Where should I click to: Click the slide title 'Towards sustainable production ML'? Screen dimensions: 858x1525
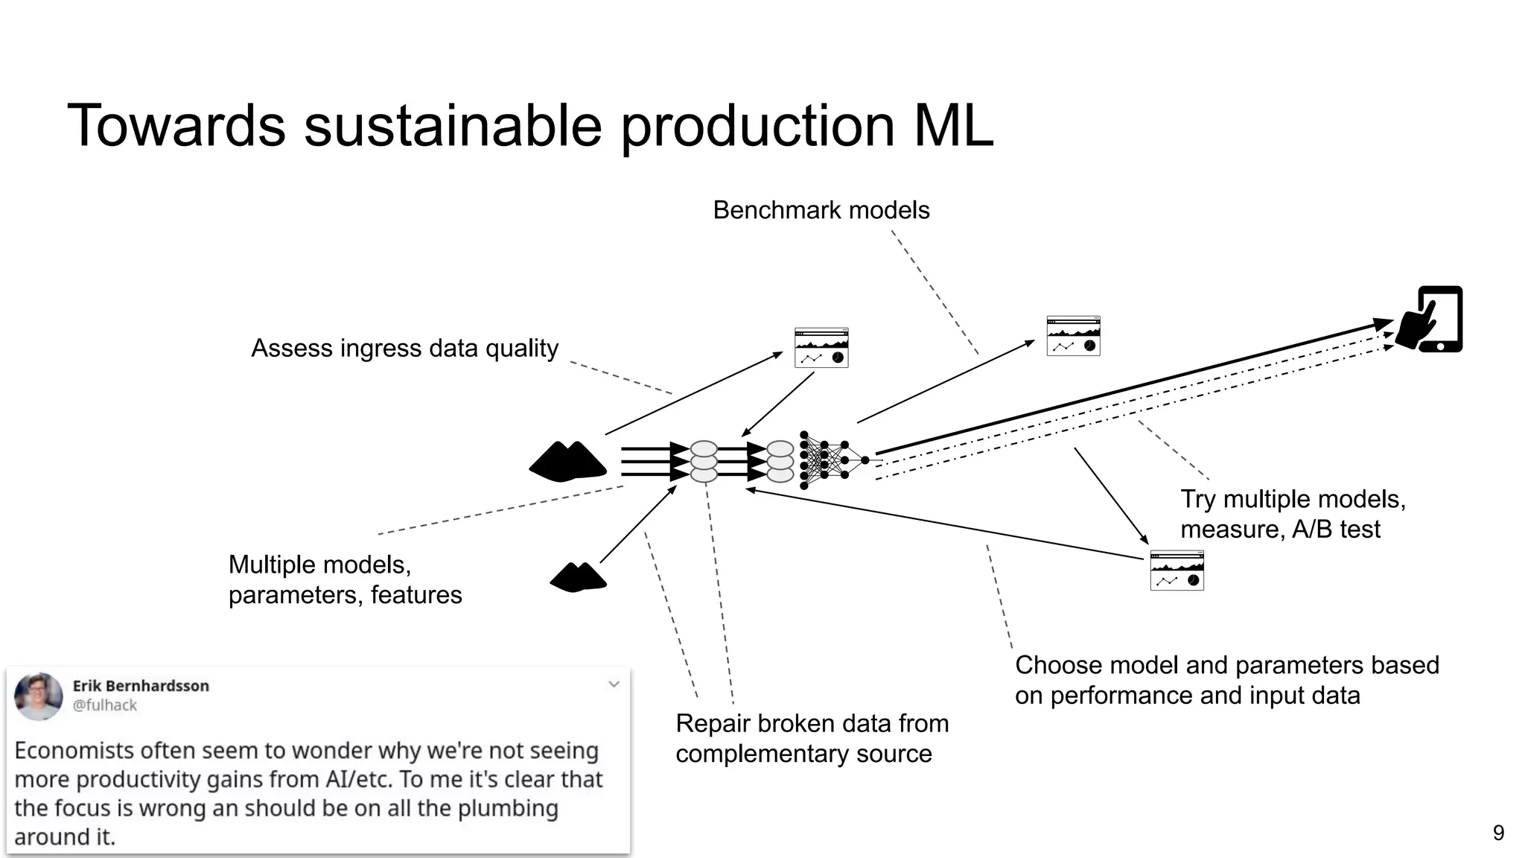(530, 125)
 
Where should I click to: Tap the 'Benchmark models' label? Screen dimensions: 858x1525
(821, 210)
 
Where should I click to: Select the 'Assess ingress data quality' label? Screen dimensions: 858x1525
(404, 348)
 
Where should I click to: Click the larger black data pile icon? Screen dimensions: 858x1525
(567, 462)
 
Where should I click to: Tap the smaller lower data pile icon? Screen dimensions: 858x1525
(579, 577)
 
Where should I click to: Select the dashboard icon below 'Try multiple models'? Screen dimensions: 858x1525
(1177, 571)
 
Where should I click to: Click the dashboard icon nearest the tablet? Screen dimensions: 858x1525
(1073, 336)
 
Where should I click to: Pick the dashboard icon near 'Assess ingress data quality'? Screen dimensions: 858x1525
(821, 348)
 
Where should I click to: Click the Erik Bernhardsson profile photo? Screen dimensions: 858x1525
(39, 696)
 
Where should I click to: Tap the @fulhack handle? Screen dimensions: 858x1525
(105, 705)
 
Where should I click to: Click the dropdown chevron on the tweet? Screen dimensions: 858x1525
(614, 684)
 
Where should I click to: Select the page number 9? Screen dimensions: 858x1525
(1498, 833)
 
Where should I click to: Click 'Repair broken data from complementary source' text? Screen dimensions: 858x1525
(812, 738)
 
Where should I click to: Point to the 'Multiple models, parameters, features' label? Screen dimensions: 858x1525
(344, 579)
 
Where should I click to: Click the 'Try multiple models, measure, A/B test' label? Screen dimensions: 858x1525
(1292, 514)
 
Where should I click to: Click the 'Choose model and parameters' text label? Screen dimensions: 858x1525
(1226, 680)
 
